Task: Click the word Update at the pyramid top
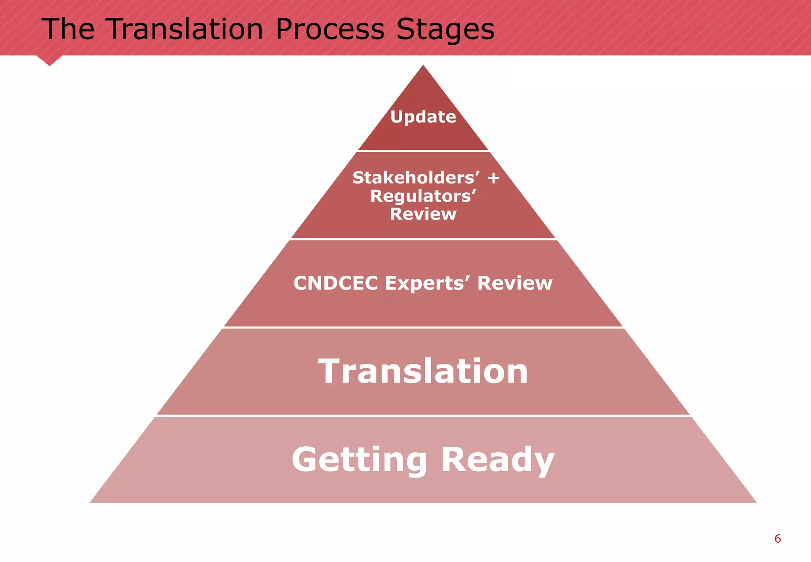[x=423, y=117]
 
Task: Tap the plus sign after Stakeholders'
[x=493, y=178]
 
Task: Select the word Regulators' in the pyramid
[x=423, y=196]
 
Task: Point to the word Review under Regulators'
[x=423, y=214]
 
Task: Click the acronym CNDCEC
[x=336, y=283]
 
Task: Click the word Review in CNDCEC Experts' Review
[x=515, y=283]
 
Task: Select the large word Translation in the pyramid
[x=423, y=371]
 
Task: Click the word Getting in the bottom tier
[x=360, y=460]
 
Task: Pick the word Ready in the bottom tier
[x=498, y=460]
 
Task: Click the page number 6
[x=777, y=539]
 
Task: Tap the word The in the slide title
[x=68, y=29]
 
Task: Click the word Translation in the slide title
[x=185, y=29]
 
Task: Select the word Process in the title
[x=330, y=29]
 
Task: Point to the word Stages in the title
[x=445, y=29]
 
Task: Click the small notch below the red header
[x=49, y=61]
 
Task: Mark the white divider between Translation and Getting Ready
[x=423, y=415]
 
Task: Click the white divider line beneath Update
[x=423, y=151]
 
